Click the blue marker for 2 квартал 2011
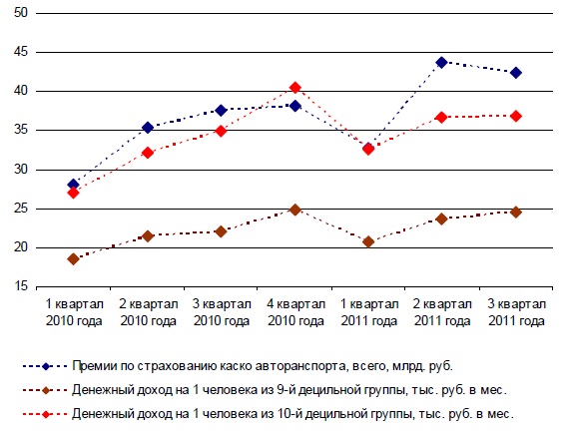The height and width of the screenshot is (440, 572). [x=441, y=62]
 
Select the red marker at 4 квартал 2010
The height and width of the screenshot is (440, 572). [x=294, y=88]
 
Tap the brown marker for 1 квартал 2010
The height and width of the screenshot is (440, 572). [x=74, y=258]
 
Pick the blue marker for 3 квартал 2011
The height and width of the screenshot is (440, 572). [x=515, y=72]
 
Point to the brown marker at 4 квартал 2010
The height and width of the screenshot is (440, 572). [x=294, y=210]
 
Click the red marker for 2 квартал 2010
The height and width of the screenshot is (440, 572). [x=148, y=153]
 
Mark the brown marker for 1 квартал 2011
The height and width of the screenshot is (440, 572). [x=368, y=241]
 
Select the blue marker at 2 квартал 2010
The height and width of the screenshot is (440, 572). [x=148, y=128]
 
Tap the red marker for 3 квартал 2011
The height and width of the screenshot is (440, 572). [x=515, y=116]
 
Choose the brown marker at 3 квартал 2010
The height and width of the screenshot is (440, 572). [x=222, y=230]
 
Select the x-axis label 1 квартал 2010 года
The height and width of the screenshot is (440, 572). [x=74, y=311]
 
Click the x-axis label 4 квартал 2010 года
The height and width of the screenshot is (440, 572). [x=294, y=311]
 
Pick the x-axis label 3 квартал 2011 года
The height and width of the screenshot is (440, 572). [x=515, y=311]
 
